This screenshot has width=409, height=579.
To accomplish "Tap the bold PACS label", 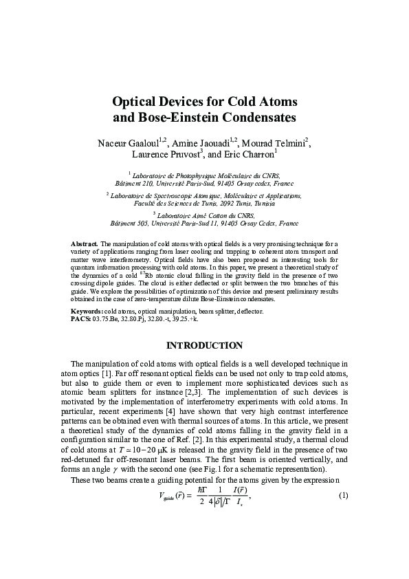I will coord(81,318).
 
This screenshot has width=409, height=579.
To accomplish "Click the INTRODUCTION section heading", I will coord(204,345).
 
